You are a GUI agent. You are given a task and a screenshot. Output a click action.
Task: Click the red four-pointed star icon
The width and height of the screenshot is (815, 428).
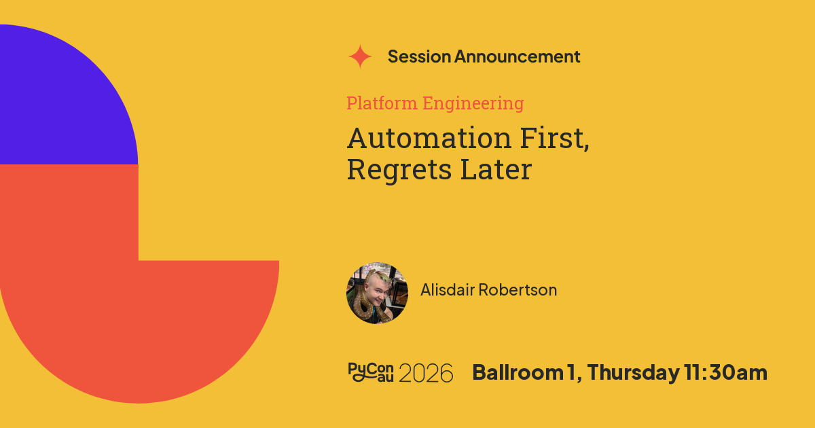point(360,56)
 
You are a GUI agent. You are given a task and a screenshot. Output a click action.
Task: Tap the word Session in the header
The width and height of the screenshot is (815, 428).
point(419,56)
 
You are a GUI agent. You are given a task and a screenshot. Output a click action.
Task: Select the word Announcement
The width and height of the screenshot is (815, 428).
point(517,56)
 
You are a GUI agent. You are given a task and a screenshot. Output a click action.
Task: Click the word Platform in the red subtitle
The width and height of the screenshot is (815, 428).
point(382,103)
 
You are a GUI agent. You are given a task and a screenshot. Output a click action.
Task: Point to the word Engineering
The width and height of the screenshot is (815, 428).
point(473,104)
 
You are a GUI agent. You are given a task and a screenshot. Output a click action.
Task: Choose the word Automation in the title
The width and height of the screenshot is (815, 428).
point(429,138)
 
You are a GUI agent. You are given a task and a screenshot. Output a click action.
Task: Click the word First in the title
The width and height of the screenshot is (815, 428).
point(551,138)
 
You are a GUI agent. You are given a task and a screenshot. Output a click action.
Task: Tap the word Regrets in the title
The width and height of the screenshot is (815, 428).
point(399,170)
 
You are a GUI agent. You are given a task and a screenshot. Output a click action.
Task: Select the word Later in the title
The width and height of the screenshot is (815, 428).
point(496,169)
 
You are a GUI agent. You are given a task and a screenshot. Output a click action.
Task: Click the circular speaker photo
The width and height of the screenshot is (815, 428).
point(377,293)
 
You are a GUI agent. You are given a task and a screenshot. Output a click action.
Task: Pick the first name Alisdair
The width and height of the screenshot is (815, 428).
point(448,289)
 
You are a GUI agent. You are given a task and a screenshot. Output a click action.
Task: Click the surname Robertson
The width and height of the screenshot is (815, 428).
point(518,289)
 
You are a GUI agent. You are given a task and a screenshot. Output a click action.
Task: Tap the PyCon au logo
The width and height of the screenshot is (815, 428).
point(371,372)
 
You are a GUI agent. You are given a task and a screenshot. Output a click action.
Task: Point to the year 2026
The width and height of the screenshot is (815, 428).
point(426,373)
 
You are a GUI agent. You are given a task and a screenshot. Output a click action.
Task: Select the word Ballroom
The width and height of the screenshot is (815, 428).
point(518,372)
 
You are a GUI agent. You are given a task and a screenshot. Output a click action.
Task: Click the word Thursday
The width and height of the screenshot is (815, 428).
point(633,373)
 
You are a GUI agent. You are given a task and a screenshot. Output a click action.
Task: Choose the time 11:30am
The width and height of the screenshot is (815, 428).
point(725,372)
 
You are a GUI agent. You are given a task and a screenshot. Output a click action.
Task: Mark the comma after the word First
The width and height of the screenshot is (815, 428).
point(587,147)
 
